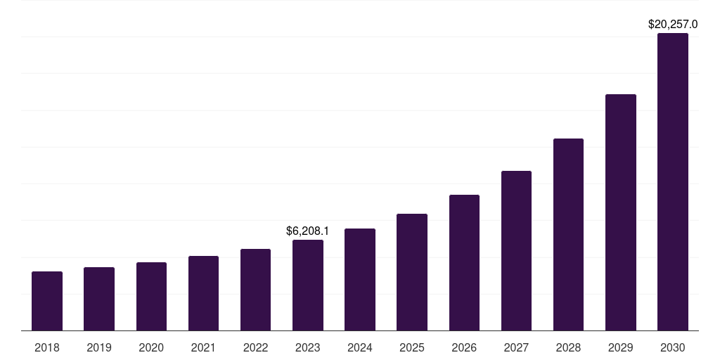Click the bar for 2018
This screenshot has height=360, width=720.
click(x=47, y=301)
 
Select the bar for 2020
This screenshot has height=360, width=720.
click(x=151, y=296)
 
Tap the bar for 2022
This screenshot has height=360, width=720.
click(x=255, y=290)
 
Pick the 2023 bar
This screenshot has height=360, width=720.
click(x=308, y=285)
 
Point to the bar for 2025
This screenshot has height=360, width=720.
click(x=412, y=272)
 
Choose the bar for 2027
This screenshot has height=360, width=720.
click(x=516, y=250)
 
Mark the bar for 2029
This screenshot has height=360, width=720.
click(x=620, y=212)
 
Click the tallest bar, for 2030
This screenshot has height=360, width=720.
click(x=672, y=181)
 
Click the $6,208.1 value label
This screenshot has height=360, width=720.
click(x=308, y=231)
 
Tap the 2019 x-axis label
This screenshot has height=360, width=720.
click(x=99, y=347)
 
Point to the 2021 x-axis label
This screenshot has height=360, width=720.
click(x=203, y=347)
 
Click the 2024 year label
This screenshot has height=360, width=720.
click(x=360, y=347)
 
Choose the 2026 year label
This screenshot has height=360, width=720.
click(x=464, y=347)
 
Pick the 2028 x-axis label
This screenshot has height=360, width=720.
click(x=568, y=347)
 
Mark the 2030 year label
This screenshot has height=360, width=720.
click(x=672, y=347)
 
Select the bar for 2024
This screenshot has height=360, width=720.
click(x=360, y=279)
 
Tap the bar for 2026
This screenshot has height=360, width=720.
click(x=464, y=262)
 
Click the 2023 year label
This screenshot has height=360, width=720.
click(x=308, y=347)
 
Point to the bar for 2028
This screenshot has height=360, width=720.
click(x=568, y=234)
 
